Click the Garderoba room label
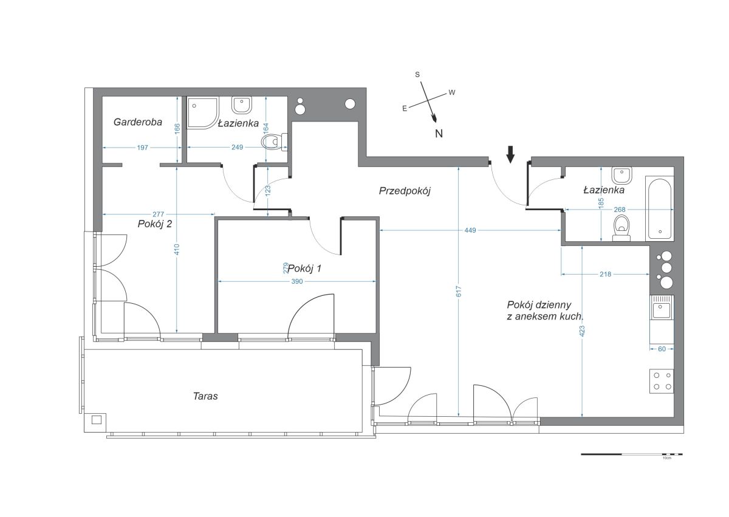coord(138,122)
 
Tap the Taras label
coord(205,396)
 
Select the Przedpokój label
coord(405,191)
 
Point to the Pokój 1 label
coord(305,269)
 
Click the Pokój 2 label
coord(154,224)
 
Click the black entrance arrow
coord(511,154)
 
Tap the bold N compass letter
coord(439,134)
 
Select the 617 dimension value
coord(459,291)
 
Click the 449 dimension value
coord(470,230)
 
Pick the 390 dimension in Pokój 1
coord(297,281)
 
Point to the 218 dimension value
coord(605,274)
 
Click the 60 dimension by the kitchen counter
coord(662,349)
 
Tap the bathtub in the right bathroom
coord(660,208)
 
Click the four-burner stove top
coord(662,382)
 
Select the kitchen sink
coord(662,307)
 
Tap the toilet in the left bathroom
coord(275,142)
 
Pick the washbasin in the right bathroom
coord(622,176)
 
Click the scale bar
coord(632,454)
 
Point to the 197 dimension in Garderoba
coord(143,148)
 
